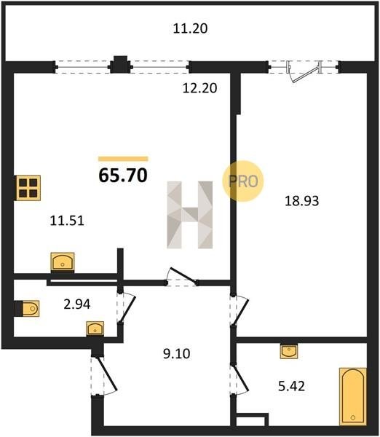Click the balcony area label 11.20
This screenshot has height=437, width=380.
tap(190, 28)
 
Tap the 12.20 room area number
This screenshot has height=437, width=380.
tap(199, 88)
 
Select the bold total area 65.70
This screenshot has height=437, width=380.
tap(123, 176)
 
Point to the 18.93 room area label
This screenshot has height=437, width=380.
tap(301, 201)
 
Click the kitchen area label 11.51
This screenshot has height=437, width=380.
tap(67, 221)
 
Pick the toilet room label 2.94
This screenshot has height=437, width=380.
tap(77, 304)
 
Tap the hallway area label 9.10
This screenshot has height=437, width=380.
tap(177, 354)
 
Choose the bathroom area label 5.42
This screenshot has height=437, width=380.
tap(291, 386)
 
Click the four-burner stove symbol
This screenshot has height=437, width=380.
tap(28, 188)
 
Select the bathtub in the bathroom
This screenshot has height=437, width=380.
tap(352, 396)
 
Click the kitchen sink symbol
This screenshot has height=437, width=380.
tap(63, 262)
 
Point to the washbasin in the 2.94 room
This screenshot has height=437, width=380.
tap(95, 328)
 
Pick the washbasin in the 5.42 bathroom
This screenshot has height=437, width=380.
tap(289, 351)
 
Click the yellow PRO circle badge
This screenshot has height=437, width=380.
tap(243, 181)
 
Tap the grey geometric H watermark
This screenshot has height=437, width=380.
tap(190, 215)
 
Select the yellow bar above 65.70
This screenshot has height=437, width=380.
tap(123, 159)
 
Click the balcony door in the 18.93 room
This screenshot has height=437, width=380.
tap(304, 71)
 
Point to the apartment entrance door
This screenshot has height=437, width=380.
tap(103, 375)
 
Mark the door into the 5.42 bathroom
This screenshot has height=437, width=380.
tap(239, 379)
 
